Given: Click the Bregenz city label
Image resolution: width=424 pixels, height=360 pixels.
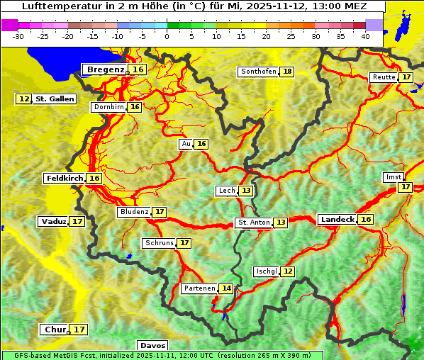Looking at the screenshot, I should point(105,69).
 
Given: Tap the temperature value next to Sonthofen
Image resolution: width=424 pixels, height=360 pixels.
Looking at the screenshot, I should point(287,72).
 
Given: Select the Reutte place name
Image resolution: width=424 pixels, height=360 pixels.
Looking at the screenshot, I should point(383,77).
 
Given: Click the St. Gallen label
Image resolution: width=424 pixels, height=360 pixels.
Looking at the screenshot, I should point(55,99).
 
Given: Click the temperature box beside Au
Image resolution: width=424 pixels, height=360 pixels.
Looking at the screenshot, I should point(202,144).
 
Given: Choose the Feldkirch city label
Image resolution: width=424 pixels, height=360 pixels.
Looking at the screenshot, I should point(65,179).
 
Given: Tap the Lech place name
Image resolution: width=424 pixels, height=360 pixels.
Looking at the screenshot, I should point(226,191).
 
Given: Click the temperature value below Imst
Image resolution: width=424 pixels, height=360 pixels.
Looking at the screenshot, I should point(405,187).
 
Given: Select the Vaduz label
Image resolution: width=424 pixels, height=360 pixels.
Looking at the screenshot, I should point(53,221).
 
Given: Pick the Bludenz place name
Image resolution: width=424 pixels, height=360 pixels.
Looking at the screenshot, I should point(134,212).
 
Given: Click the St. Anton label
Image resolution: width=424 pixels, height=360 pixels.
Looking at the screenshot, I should point(253,223).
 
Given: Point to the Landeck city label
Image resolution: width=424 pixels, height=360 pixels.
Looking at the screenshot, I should point(337,220).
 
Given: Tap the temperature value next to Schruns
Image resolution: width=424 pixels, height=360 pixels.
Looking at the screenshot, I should point(184,243).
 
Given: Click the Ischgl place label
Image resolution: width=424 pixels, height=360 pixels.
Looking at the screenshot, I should point(266,271).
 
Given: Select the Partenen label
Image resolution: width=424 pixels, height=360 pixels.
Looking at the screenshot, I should point(199,288).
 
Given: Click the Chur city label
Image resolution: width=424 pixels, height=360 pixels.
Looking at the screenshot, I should point(55,330).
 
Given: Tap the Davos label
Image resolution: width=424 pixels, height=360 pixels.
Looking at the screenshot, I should point(153,345).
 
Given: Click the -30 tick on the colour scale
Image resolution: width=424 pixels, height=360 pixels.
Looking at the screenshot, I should point(18,36).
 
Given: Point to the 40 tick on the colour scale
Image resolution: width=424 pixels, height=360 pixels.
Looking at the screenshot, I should point(365,36).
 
